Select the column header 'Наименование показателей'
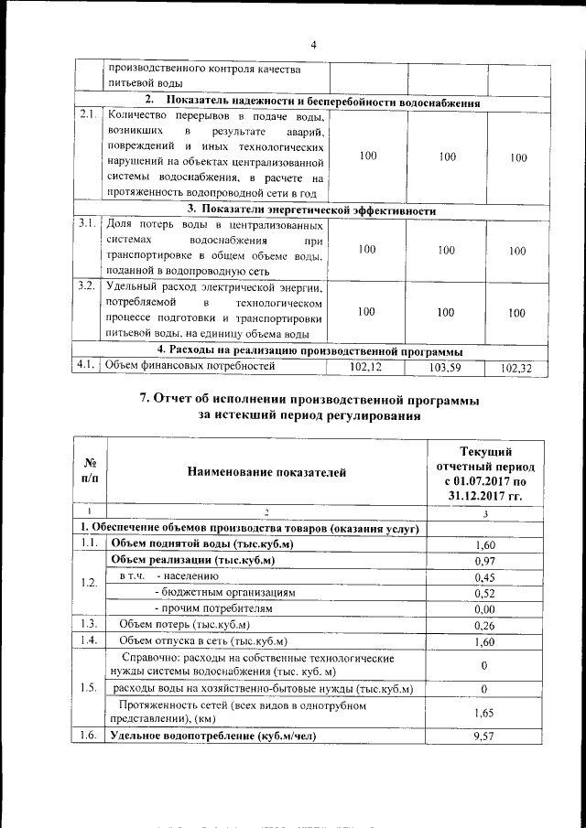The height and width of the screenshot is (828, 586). pyautogui.click(x=267, y=472)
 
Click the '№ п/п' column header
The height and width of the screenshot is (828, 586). pyautogui.click(x=91, y=472)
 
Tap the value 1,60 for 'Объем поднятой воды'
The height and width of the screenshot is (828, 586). pyautogui.click(x=485, y=543)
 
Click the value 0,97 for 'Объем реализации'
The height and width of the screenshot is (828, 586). pyautogui.click(x=485, y=560)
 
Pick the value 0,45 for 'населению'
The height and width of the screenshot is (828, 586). pyautogui.click(x=485, y=576)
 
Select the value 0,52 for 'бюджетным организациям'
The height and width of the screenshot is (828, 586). pyautogui.click(x=485, y=593)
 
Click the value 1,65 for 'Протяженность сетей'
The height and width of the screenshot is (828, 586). pyautogui.click(x=485, y=713)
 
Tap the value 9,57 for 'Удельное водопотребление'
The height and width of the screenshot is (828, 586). pyautogui.click(x=485, y=736)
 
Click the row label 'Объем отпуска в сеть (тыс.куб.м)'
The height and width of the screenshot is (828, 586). pyautogui.click(x=203, y=640)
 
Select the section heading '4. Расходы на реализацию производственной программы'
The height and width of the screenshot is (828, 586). pyautogui.click(x=309, y=350)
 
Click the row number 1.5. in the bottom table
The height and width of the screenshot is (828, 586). pyautogui.click(x=89, y=688)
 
